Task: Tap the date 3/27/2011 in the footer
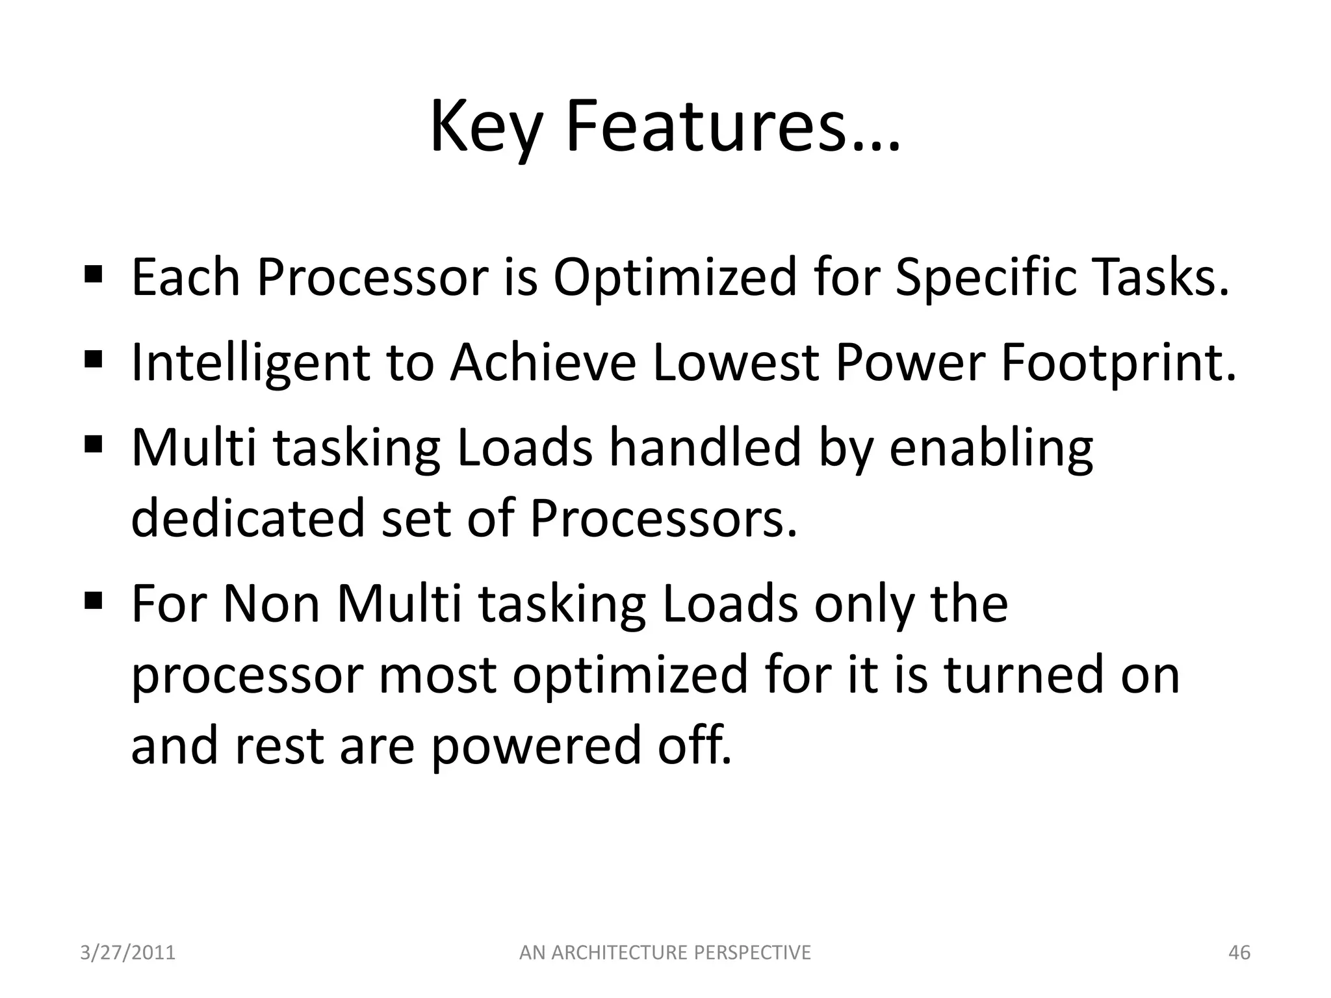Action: coord(128,953)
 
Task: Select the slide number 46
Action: coord(1239,953)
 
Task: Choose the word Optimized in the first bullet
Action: coord(675,278)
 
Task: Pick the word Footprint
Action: coord(1118,363)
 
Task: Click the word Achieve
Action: coord(543,363)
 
